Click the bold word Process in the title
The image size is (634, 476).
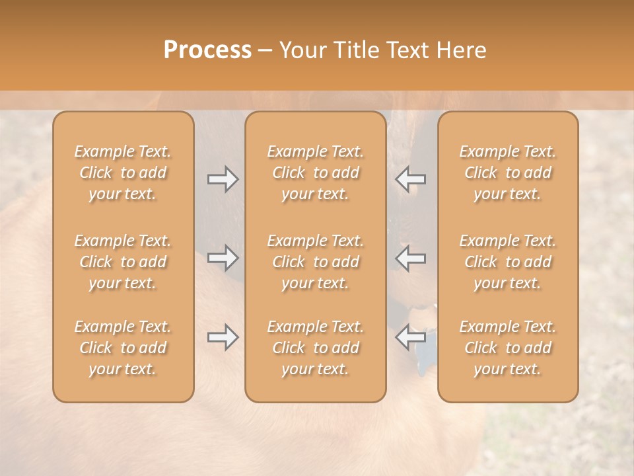207,50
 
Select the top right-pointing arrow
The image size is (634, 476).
223,179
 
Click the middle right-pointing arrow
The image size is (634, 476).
223,258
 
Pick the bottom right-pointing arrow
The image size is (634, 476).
223,337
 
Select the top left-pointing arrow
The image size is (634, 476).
410,179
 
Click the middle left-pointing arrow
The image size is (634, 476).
410,258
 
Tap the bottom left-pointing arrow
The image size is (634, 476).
410,337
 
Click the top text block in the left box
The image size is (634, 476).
123,173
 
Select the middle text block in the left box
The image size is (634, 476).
123,262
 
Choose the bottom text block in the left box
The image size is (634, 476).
123,348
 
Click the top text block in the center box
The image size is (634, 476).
315,173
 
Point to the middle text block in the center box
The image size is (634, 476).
315,262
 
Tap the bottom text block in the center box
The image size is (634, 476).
315,348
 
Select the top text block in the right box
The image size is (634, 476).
507,173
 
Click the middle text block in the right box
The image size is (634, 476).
507,262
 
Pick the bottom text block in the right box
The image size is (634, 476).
507,348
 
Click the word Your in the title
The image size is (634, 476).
302,50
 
